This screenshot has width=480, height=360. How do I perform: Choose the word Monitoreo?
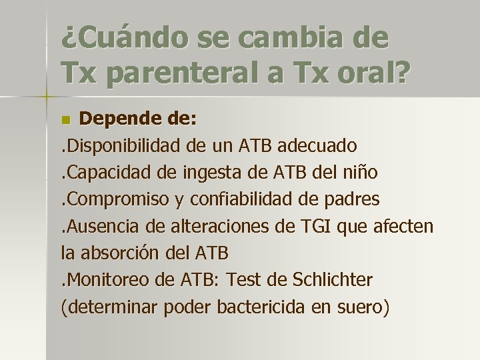103,280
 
